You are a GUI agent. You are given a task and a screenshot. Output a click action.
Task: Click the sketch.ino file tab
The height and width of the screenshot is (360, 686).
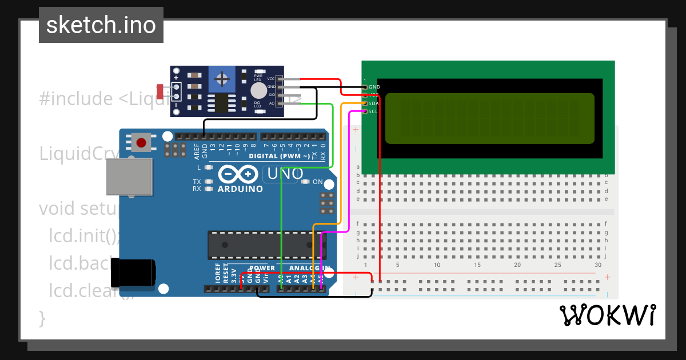[101, 25]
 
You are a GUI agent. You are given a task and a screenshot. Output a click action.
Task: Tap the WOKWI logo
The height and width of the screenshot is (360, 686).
[607, 315]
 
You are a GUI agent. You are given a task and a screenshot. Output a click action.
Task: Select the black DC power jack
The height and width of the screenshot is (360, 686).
[133, 273]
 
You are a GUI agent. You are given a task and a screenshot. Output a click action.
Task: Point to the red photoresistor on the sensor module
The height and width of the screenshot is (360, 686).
[160, 91]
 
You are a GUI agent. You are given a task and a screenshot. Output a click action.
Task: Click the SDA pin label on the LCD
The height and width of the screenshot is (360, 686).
[373, 103]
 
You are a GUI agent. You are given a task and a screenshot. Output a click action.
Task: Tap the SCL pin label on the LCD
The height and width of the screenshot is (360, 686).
[373, 111]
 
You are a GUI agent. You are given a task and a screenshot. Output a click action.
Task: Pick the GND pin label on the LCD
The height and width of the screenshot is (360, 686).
[374, 87]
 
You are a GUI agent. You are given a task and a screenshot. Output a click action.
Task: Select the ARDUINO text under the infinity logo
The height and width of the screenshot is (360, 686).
[240, 189]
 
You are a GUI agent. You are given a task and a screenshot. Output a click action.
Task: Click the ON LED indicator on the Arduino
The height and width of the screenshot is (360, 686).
[305, 182]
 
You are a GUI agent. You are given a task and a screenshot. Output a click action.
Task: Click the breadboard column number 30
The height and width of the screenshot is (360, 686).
[598, 265]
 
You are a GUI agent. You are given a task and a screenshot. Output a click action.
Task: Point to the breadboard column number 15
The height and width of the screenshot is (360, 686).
[477, 265]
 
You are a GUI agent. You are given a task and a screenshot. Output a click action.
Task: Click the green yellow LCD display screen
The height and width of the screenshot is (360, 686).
[489, 118]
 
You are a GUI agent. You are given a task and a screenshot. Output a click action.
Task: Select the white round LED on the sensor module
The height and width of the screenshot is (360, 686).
[259, 91]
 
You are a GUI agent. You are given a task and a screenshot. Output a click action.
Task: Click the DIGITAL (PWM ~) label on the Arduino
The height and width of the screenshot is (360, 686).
[280, 155]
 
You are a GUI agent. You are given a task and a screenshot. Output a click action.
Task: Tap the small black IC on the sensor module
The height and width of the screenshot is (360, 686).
[221, 102]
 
